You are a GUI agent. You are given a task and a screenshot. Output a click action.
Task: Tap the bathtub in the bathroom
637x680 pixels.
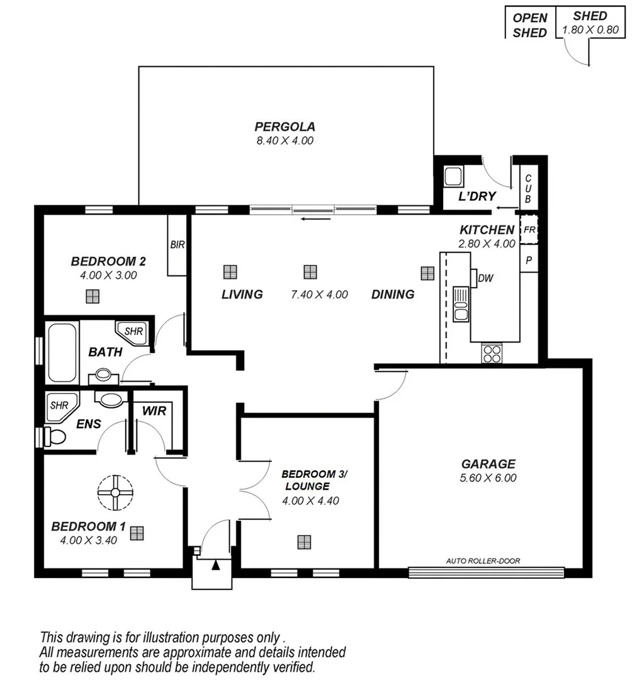[x=62, y=353]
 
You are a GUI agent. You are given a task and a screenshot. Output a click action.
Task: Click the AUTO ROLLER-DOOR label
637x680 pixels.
[x=483, y=560]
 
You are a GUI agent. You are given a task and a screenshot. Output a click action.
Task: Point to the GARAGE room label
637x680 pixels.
[x=488, y=464]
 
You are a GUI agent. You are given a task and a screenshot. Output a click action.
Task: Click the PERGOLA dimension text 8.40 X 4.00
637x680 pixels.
[x=285, y=141]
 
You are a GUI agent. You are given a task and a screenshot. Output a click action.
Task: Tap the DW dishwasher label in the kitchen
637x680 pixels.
[x=485, y=278]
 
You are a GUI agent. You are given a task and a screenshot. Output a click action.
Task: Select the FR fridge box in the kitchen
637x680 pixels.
[x=529, y=230]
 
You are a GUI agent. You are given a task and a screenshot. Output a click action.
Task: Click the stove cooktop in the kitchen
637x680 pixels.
[x=492, y=353]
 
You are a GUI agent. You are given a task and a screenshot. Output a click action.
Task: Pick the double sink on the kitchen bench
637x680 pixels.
[x=461, y=303]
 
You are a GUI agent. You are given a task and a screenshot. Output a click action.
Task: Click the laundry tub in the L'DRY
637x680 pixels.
[x=454, y=176]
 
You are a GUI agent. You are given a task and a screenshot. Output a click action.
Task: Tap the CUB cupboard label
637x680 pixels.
[x=528, y=189]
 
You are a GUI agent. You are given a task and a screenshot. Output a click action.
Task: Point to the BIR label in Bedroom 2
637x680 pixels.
[x=178, y=245]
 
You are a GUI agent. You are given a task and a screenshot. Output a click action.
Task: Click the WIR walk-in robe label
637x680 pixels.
[x=154, y=411]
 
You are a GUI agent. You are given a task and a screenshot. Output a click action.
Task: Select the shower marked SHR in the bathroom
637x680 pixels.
[x=133, y=332]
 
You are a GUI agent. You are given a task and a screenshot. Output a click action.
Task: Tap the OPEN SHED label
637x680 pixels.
[x=529, y=25]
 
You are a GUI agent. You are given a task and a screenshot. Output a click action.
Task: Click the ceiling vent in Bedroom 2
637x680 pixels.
[x=93, y=296]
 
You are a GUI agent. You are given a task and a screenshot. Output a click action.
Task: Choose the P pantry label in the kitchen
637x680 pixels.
[x=529, y=259]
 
